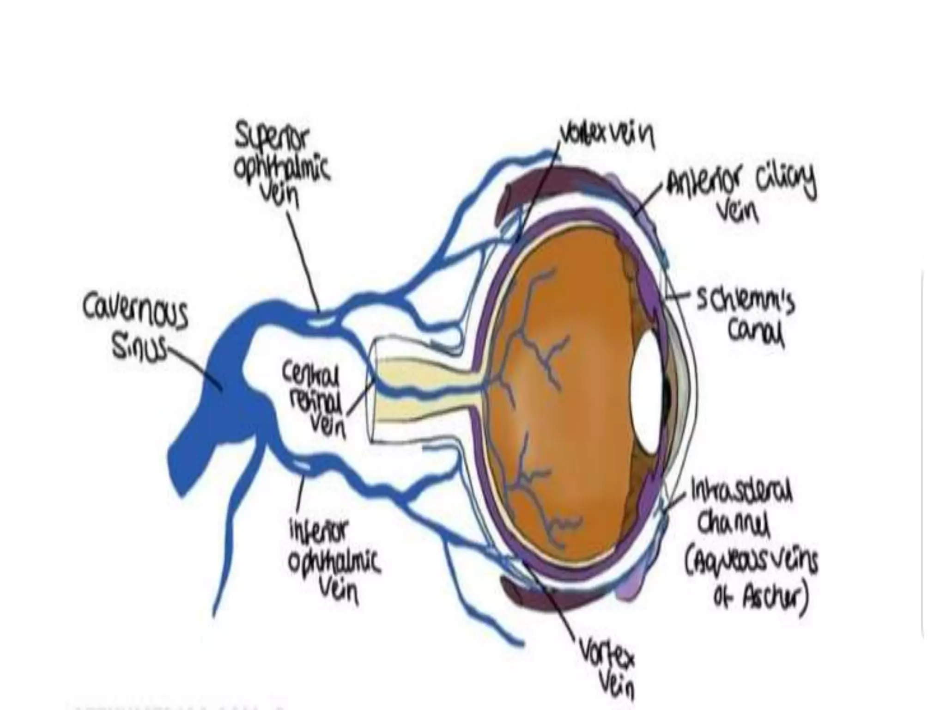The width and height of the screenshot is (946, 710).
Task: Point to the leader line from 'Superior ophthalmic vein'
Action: tap(303, 259)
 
